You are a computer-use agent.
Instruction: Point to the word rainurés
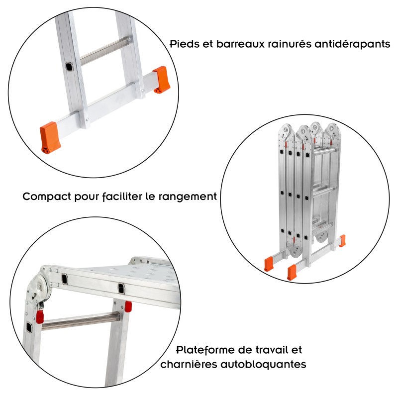(289, 44)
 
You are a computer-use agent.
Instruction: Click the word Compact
(47, 197)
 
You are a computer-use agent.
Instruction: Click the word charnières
(189, 365)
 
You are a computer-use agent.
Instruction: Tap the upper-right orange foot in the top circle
(162, 79)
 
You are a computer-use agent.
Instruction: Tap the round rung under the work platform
(80, 321)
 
